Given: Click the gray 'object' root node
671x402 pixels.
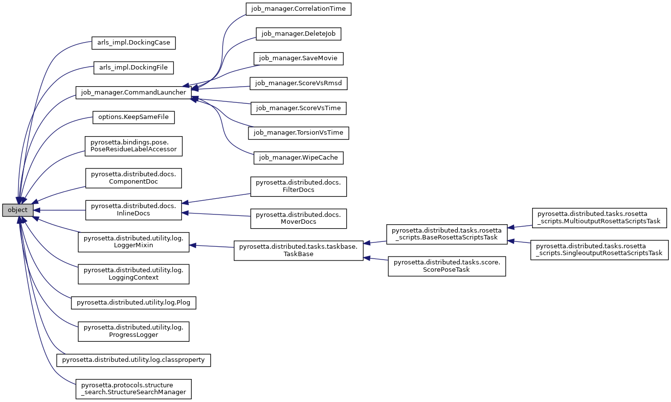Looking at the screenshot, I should (18, 210).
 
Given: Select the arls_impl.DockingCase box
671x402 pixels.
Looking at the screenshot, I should (134, 43).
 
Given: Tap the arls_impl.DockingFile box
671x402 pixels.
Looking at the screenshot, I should (134, 68).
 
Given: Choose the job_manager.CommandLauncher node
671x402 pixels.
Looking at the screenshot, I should (133, 93).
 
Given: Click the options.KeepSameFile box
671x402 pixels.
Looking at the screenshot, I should (134, 118).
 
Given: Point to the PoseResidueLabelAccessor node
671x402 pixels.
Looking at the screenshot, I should (134, 146).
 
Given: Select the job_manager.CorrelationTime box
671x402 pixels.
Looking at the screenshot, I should (298, 9).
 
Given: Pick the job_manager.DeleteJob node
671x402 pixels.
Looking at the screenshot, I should (298, 34).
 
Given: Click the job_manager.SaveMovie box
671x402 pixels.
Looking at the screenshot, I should (298, 58).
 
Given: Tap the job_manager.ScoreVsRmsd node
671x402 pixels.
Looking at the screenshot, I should (298, 83).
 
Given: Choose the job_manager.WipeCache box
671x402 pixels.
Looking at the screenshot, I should (298, 158).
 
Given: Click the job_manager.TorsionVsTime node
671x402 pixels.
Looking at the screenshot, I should (298, 133).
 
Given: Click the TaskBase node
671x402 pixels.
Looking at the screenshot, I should (298, 251).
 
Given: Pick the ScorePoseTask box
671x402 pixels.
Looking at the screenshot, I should (447, 266).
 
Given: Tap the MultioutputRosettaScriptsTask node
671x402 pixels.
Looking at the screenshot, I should (599, 217).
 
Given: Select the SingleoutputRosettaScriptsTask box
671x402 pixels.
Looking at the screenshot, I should (599, 250).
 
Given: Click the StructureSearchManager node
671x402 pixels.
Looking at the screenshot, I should (134, 389).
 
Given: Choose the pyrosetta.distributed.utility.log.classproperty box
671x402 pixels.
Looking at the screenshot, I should (134, 360).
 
